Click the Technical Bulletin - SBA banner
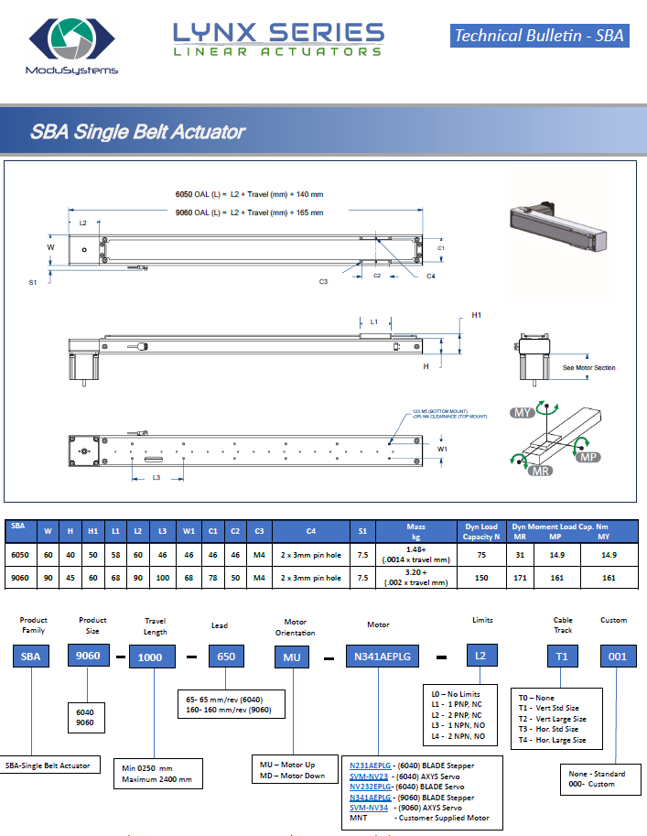pos(539,36)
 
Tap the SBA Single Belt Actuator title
pos(138,131)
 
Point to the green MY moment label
pos(523,413)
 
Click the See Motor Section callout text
pos(588,368)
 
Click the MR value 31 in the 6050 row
pos(520,554)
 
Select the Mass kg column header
pos(415,531)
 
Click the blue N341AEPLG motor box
pos(381,657)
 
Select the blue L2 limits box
pos(481,657)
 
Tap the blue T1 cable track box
pos(564,657)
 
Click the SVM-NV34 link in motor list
pos(370,808)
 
